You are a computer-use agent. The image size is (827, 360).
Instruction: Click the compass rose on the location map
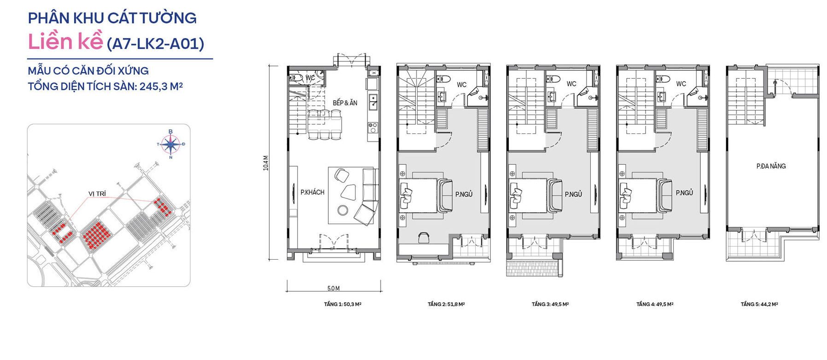click(x=171, y=144)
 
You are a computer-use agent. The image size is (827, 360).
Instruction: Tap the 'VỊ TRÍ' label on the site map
click(x=97, y=194)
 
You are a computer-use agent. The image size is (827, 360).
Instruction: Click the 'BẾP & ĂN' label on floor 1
click(x=345, y=103)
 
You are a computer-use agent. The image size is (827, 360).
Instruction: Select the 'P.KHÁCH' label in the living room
click(x=312, y=192)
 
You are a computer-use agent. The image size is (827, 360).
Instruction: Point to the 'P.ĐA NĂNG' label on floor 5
click(x=771, y=166)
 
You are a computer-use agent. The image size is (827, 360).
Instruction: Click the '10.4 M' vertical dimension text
click(x=266, y=163)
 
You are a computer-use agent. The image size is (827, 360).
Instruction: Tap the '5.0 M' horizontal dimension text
click(x=333, y=289)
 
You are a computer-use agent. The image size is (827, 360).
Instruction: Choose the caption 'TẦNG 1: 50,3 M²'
click(x=343, y=304)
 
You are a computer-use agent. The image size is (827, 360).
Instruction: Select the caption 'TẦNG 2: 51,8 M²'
click(x=446, y=304)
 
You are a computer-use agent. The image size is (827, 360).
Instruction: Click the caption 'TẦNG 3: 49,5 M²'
click(x=550, y=304)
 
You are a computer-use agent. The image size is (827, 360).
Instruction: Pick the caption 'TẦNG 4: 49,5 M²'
click(x=655, y=304)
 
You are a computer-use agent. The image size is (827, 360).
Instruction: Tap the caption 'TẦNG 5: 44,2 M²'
click(x=759, y=304)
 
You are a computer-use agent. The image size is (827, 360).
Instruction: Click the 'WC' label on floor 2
click(x=461, y=85)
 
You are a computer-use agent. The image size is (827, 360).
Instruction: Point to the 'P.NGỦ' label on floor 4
click(x=684, y=193)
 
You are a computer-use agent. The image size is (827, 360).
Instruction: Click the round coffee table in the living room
click(x=343, y=210)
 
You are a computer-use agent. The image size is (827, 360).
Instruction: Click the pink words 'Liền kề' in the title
click(x=65, y=42)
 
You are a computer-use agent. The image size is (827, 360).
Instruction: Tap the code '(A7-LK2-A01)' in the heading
click(x=155, y=44)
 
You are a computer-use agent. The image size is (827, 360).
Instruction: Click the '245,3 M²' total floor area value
click(x=161, y=86)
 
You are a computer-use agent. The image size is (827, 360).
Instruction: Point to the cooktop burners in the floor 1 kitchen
click(x=373, y=126)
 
